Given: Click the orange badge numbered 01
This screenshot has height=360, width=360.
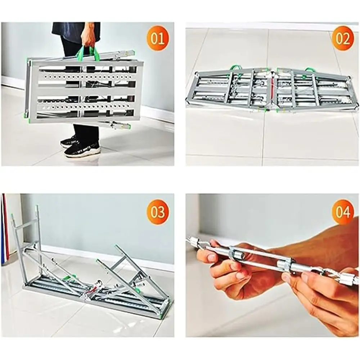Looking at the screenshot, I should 157,39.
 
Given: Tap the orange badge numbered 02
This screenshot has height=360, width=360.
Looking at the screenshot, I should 342,39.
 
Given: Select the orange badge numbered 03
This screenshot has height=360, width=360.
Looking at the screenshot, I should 157,212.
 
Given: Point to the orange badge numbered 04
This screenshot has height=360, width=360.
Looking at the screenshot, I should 342,212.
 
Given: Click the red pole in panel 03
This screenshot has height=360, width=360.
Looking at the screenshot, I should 6,227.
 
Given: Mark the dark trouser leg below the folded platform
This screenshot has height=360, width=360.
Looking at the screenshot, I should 86,133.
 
